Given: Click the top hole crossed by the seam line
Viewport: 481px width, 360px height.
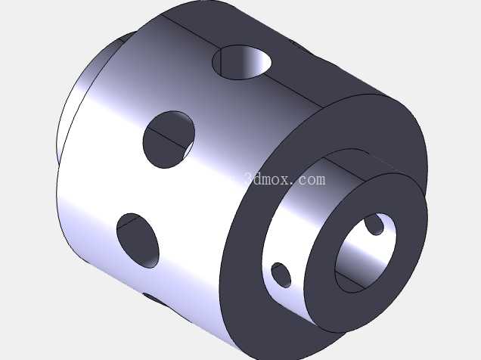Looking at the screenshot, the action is click(242, 62).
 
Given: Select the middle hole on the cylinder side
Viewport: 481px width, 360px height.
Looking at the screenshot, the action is click(169, 139).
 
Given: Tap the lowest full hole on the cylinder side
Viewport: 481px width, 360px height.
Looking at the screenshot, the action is click(138, 241).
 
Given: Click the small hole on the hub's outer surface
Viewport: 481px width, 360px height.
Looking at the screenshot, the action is click(281, 275).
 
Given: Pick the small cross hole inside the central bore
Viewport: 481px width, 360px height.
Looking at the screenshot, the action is click(374, 225).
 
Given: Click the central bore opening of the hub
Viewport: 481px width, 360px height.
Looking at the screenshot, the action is click(365, 252).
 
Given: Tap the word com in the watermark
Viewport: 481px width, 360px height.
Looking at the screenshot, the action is click(310, 179).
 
